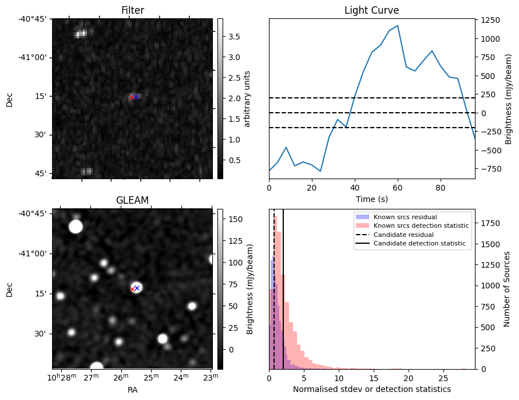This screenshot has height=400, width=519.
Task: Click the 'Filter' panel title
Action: [132, 10]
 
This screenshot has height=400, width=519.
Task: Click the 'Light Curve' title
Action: [371, 10]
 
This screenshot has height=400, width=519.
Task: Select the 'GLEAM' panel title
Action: [132, 200]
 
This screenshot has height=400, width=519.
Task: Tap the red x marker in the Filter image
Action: [132, 98]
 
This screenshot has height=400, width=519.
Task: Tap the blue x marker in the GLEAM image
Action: [137, 288]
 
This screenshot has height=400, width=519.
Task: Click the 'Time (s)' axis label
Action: [371, 199]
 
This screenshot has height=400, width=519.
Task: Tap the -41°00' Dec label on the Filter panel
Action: [35, 57]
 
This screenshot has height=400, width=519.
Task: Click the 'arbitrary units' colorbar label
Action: [247, 98]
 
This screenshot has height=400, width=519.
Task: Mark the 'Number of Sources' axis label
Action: [507, 289]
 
